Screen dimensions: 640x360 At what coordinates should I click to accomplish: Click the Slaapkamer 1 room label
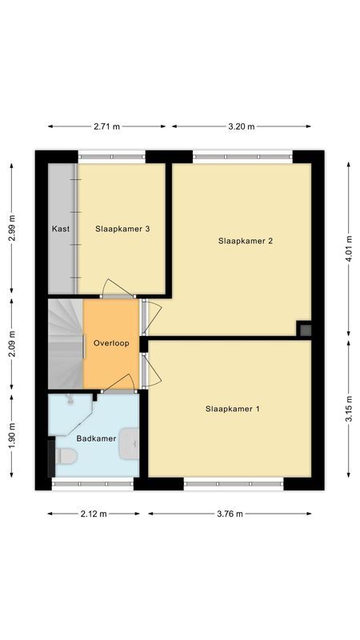tap(233, 409)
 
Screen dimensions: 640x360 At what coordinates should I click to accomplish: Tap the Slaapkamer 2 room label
tap(246, 241)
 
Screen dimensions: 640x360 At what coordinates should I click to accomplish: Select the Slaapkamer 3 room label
tap(123, 229)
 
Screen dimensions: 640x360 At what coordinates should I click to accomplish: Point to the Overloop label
tap(110, 343)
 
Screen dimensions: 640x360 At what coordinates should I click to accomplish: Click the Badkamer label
tap(96, 438)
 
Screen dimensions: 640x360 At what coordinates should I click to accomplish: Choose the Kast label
tap(61, 229)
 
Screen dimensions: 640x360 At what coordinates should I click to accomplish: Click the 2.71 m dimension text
tap(106, 126)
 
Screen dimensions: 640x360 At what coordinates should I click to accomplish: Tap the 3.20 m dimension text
tap(241, 126)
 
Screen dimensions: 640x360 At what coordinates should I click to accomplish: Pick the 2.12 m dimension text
tap(94, 514)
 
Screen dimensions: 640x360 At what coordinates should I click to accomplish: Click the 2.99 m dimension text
tap(11, 229)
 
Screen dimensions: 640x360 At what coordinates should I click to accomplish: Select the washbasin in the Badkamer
tap(130, 444)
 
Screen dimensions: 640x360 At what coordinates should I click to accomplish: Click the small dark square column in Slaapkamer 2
tap(304, 328)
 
